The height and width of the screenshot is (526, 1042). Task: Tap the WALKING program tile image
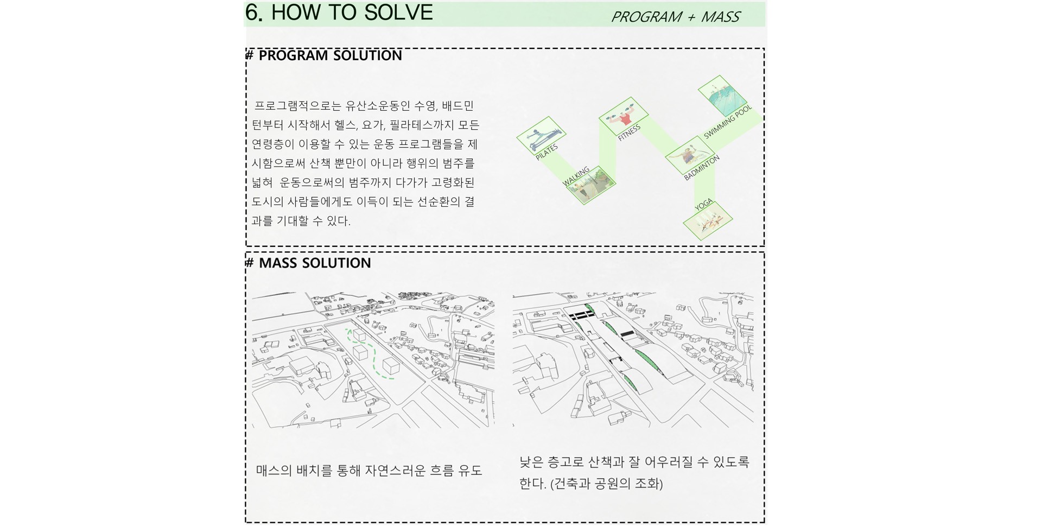pos(591,185)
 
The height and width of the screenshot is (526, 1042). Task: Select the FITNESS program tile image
pos(624,116)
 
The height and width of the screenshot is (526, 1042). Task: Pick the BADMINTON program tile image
pos(690,155)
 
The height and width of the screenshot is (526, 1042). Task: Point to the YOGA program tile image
pos(708,220)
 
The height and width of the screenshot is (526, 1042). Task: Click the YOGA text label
pos(704,205)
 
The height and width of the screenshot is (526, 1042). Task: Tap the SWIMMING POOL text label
pos(728,122)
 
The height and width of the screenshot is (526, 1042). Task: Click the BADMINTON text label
pos(702,167)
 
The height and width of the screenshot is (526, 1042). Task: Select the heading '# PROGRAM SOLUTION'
pos(324,55)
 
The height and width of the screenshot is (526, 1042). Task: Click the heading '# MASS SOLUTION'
pos(308,263)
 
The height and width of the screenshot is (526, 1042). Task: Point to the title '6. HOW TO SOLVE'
pos(339,12)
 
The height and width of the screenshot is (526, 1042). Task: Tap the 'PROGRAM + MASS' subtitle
pos(676,17)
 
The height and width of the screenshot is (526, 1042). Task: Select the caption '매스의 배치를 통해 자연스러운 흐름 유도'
pos(369,471)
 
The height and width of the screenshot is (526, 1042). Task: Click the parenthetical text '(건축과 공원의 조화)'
pos(607,484)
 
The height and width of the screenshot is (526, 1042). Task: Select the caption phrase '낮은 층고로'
pos(551,462)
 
